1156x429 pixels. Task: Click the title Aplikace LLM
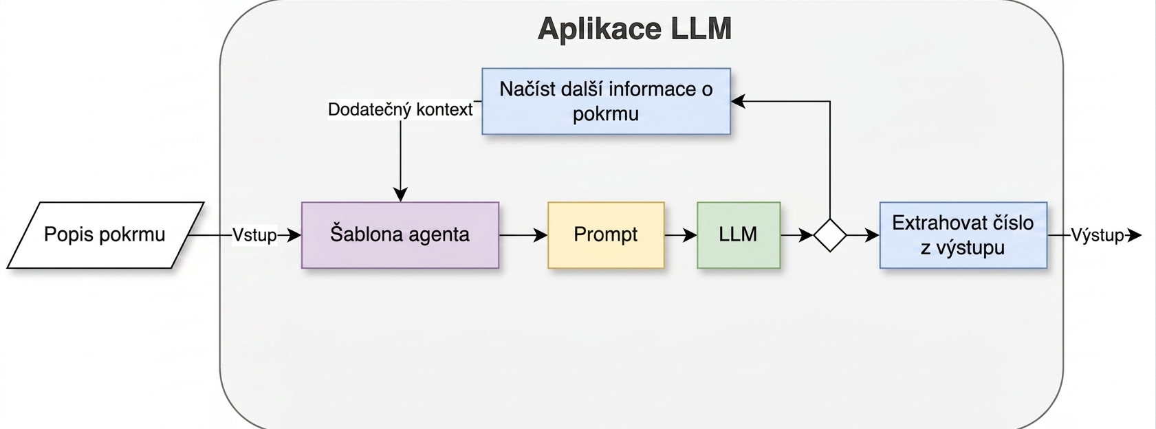(x=634, y=28)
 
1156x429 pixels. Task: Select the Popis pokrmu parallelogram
(x=105, y=235)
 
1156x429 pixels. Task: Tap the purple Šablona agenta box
(x=400, y=235)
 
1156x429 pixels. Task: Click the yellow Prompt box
(x=606, y=235)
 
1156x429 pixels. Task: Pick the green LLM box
(x=739, y=235)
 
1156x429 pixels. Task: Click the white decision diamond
(x=830, y=235)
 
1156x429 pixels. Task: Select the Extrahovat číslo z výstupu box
(x=963, y=235)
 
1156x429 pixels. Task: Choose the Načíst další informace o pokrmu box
(x=606, y=102)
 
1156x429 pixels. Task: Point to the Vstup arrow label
(x=254, y=235)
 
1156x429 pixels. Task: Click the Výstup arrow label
(x=1097, y=235)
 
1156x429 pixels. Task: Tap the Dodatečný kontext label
(x=400, y=109)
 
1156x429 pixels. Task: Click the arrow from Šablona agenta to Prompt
(x=523, y=235)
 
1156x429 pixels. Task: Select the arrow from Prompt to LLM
(x=681, y=235)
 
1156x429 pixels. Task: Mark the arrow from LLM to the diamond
(x=797, y=235)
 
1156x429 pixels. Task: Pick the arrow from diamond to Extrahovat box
(x=863, y=235)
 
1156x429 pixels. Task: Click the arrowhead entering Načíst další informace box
(x=738, y=102)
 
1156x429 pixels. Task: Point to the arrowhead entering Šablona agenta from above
(x=400, y=195)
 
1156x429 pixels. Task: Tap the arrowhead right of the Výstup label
(x=1134, y=235)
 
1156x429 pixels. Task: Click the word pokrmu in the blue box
(x=606, y=114)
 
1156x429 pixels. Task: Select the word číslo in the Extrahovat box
(x=1008, y=223)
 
